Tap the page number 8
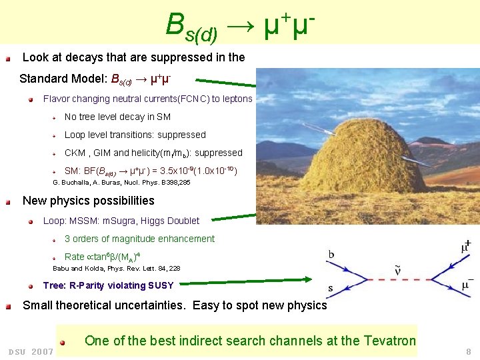(469, 351)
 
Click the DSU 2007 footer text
(31, 351)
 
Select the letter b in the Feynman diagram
(332, 254)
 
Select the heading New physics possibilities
(88, 201)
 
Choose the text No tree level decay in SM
(117, 117)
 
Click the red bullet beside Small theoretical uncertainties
(8, 307)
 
